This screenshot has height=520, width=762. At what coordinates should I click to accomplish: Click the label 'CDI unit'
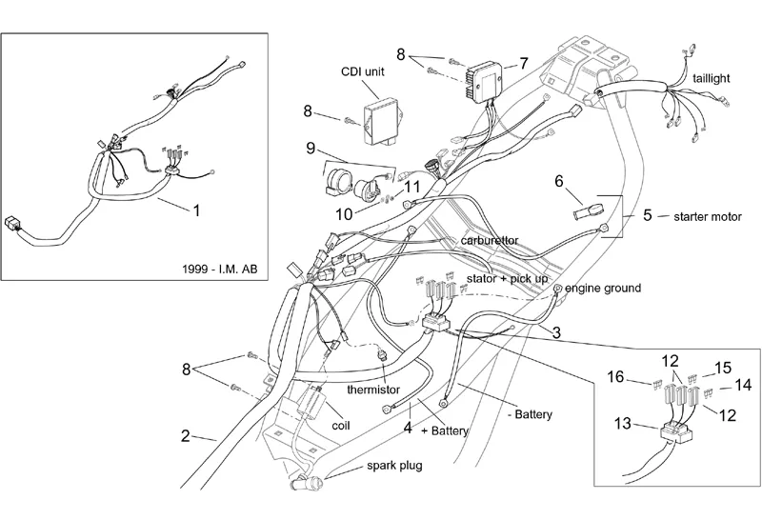tap(363, 72)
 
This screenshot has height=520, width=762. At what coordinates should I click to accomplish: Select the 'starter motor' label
tap(706, 216)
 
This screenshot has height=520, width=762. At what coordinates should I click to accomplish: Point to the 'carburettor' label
tap(491, 241)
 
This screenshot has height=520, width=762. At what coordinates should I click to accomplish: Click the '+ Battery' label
tap(442, 430)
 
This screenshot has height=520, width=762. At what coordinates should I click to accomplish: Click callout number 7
tap(523, 63)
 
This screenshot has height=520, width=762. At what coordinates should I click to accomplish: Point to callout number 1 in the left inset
tap(197, 210)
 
